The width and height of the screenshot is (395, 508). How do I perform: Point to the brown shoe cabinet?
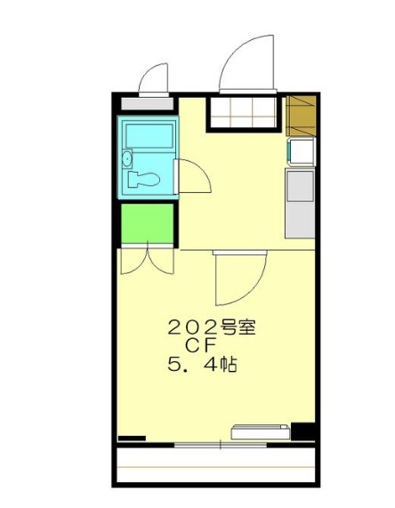tap(303, 113)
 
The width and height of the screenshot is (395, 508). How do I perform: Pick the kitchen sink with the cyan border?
tap(300, 153)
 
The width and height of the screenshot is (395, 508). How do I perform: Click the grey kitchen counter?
tap(300, 203)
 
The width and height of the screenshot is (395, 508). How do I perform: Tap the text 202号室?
tap(212, 327)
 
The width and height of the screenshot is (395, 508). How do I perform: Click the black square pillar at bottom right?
tap(304, 431)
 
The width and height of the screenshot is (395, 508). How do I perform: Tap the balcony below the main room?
tap(214, 465)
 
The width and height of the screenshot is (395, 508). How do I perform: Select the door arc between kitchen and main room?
tap(230, 278)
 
